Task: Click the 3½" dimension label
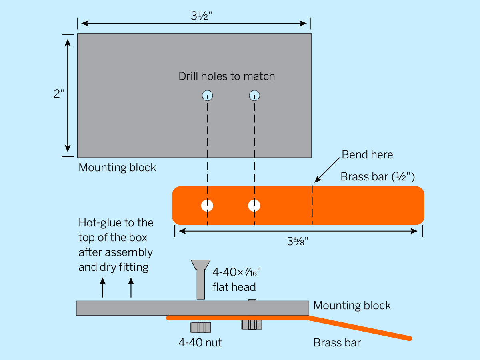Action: tap(202, 16)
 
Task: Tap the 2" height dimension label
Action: tap(59, 94)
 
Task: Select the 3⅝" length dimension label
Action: tap(298, 241)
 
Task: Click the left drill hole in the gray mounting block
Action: tap(207, 96)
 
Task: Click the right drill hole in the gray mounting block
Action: tap(254, 96)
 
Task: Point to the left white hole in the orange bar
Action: tap(207, 206)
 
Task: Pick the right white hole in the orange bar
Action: tap(254, 206)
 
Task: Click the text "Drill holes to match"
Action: tap(227, 76)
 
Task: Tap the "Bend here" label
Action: tap(367, 155)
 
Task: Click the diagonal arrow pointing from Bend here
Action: tap(327, 170)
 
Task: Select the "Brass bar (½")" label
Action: tap(378, 177)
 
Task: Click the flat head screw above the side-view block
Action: tap(201, 279)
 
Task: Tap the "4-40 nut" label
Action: tap(200, 342)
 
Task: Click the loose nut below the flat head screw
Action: tap(201, 327)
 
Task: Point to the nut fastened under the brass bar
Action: tap(252, 324)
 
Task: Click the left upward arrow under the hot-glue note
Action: tap(103, 288)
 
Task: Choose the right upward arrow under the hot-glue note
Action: tap(131, 288)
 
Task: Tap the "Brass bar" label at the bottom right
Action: tap(337, 342)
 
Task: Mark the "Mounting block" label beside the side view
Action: tap(352, 306)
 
